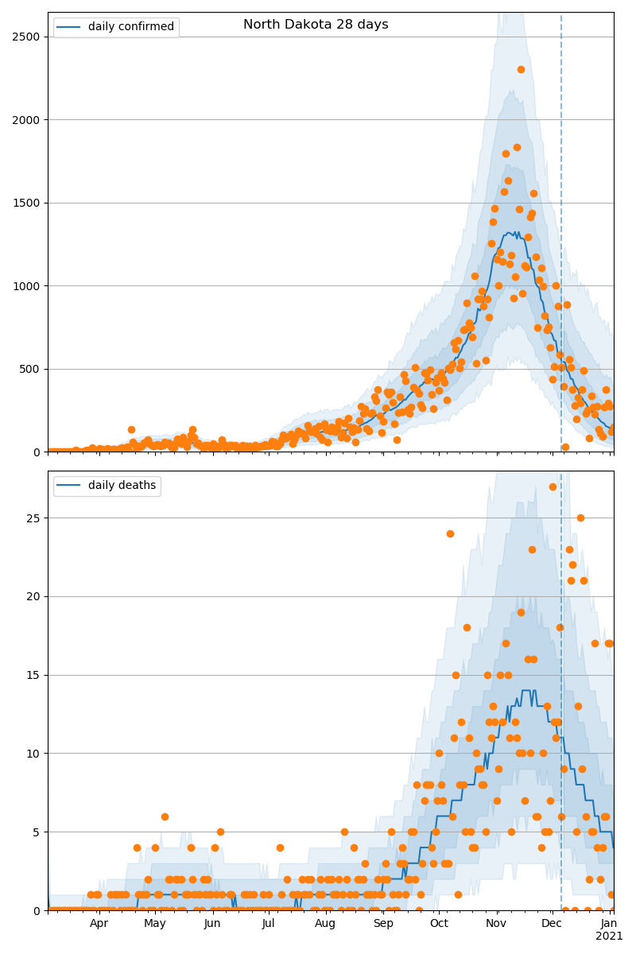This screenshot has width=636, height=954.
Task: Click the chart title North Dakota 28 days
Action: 316,25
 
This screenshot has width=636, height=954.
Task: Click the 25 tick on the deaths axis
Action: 33,518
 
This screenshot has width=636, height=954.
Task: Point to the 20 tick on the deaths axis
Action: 33,596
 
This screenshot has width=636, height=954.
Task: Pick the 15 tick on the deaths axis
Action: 33,675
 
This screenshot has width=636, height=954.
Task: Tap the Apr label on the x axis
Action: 99,924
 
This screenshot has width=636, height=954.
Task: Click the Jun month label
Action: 212,924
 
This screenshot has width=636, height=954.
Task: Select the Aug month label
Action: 325,924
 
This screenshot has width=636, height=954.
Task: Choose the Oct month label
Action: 439,924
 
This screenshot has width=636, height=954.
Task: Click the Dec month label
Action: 552,924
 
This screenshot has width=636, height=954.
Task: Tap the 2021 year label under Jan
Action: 610,937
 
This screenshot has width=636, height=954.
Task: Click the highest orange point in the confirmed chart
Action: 521,69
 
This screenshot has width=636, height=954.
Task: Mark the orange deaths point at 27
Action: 553,487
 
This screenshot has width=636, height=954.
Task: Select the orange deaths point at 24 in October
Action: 450,533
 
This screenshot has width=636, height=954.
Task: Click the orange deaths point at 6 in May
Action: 165,816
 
